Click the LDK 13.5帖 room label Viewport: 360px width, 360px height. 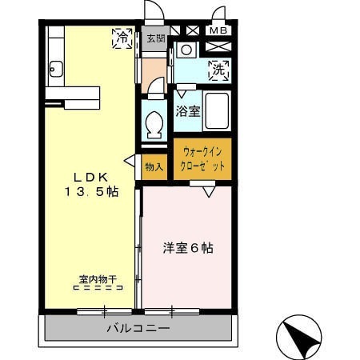point(91,185)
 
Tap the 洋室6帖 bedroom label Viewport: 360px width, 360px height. point(188,248)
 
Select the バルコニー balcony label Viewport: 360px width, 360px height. point(138,328)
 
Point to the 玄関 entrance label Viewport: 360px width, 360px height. point(156,38)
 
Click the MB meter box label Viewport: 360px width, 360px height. point(218,30)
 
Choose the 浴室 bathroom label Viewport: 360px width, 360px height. point(188,111)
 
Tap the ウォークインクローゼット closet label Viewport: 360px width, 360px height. point(202,159)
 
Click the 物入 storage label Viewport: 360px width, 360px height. point(154,167)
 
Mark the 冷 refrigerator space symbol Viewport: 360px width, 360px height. point(122,38)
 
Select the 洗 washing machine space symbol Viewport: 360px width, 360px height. point(218,70)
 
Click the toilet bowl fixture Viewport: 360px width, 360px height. point(154,125)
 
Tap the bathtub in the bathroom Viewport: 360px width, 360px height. point(217,111)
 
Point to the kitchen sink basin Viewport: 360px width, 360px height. point(56,69)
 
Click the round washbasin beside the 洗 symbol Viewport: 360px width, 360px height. point(186,50)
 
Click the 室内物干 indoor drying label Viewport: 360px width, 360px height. point(98,279)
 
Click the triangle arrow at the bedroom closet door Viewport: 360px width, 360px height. point(209,191)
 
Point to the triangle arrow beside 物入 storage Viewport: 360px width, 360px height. point(130,161)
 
